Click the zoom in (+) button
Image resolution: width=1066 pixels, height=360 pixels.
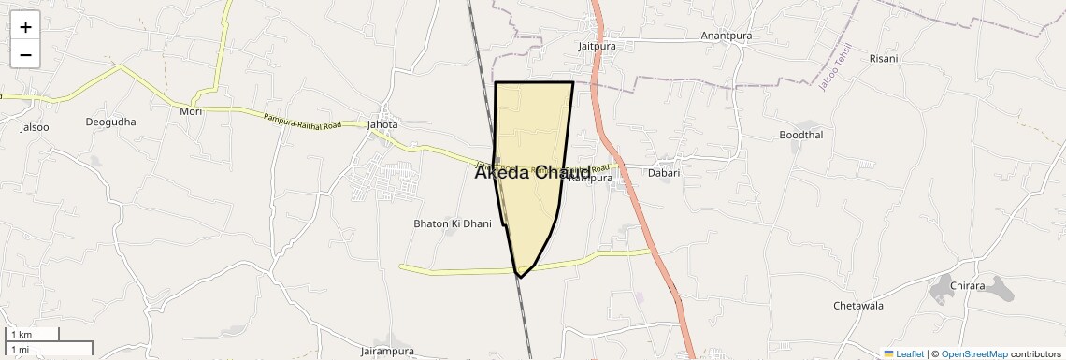[25, 27]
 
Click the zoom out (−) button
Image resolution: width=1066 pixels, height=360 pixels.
[25, 54]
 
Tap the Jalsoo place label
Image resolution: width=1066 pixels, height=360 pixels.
[35, 127]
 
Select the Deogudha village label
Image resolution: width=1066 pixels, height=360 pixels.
[110, 122]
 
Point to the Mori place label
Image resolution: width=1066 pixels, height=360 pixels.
[191, 110]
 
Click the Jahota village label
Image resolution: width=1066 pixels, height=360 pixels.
[382, 124]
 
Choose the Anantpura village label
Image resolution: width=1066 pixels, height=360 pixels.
[727, 36]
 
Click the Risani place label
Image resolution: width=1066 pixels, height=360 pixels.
[884, 58]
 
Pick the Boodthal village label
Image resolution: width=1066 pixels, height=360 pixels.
[801, 135]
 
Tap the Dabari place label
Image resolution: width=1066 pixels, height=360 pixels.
[664, 172]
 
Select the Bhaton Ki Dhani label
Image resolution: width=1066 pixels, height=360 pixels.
[453, 223]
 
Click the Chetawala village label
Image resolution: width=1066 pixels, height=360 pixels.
[858, 305]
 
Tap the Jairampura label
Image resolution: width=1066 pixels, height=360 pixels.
[387, 351]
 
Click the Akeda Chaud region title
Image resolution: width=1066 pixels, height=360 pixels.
[532, 172]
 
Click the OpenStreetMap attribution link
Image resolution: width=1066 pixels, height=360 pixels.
[974, 354]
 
